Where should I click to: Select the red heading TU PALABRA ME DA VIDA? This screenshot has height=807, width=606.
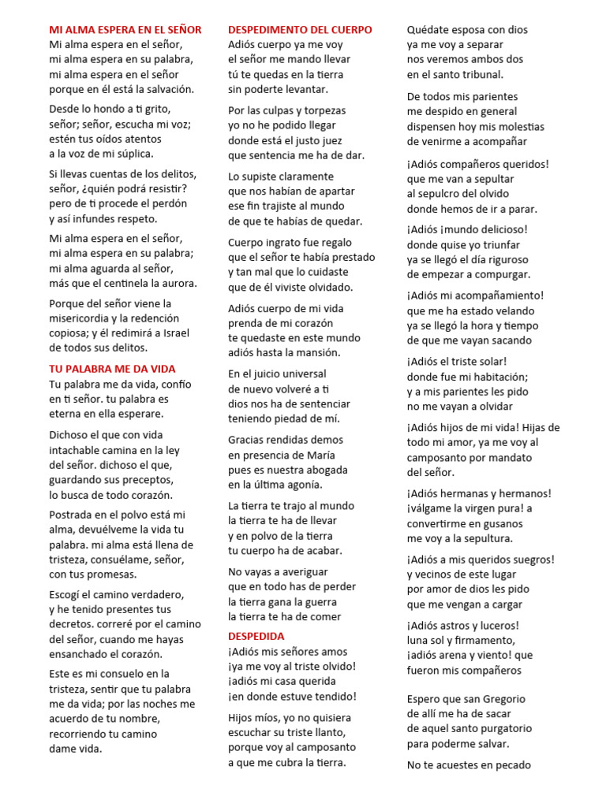pyautogui.click(x=112, y=369)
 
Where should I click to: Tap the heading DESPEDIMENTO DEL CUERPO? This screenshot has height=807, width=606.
pyautogui.click(x=300, y=30)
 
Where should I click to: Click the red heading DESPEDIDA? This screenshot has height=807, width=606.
pyautogui.click(x=256, y=636)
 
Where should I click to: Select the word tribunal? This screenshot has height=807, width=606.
pyautogui.click(x=475, y=74)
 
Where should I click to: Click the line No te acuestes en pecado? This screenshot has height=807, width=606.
pyautogui.click(x=469, y=764)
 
